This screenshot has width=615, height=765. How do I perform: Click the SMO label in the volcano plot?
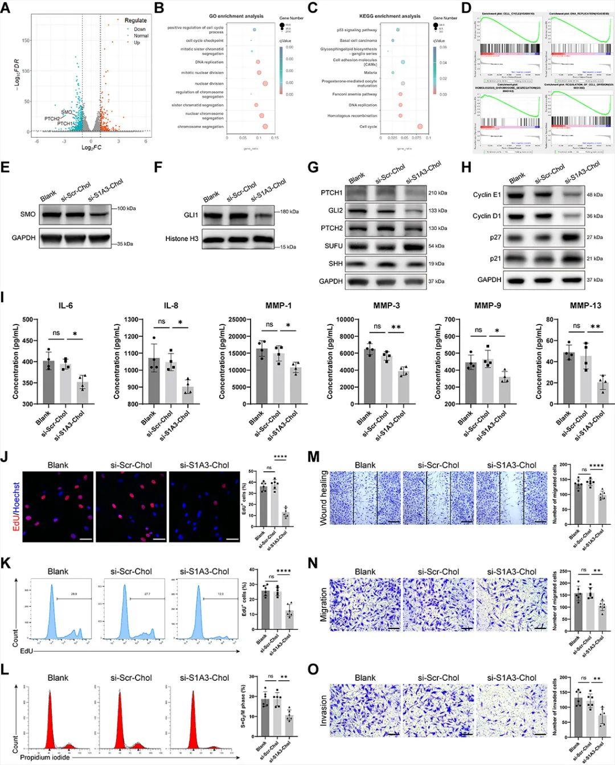67,112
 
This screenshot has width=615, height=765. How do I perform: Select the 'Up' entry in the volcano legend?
137,43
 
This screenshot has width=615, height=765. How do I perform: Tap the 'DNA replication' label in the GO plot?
209,62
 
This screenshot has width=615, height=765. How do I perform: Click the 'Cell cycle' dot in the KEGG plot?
420,126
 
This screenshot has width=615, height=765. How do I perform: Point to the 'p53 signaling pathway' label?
356,30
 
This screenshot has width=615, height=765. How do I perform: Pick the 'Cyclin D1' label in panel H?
487,216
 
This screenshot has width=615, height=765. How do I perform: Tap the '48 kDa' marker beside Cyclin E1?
594,195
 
